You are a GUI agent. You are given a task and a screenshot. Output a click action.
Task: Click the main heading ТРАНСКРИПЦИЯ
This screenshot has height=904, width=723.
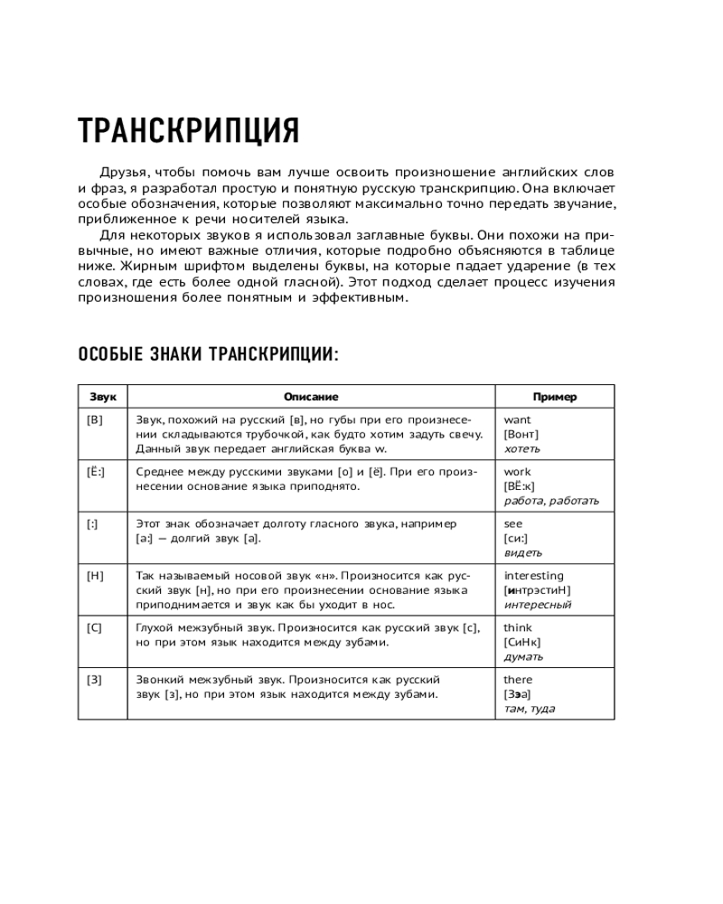click(x=188, y=132)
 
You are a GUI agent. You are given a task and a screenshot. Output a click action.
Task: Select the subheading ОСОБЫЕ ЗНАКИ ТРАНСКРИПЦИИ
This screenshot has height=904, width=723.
click(x=208, y=353)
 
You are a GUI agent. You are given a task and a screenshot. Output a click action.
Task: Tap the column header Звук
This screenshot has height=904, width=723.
click(x=102, y=397)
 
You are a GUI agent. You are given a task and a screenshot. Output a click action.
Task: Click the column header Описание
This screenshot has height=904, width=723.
click(x=311, y=397)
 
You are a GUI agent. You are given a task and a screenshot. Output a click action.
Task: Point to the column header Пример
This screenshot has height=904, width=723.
click(x=554, y=397)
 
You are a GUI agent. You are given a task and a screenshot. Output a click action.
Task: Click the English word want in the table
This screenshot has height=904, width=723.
click(x=517, y=419)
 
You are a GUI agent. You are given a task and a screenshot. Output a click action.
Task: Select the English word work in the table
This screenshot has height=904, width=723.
click(x=517, y=472)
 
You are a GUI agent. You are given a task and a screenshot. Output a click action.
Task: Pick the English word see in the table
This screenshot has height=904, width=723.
click(x=513, y=523)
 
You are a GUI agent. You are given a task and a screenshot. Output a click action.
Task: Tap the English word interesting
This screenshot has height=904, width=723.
click(x=533, y=576)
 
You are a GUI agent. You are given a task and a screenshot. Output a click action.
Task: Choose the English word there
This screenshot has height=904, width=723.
click(x=518, y=680)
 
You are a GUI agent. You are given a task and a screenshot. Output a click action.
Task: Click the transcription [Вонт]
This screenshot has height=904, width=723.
click(x=521, y=434)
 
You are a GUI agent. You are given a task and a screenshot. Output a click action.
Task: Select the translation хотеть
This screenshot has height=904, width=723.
click(x=521, y=448)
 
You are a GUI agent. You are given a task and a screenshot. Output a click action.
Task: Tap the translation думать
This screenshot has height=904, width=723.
click(x=523, y=656)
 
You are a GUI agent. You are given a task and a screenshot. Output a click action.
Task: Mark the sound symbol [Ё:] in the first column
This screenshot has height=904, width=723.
click(x=95, y=472)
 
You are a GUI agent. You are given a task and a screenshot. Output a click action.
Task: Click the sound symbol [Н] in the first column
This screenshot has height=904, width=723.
click(x=95, y=576)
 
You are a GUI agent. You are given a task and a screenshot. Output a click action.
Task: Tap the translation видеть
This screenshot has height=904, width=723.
click(x=522, y=552)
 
